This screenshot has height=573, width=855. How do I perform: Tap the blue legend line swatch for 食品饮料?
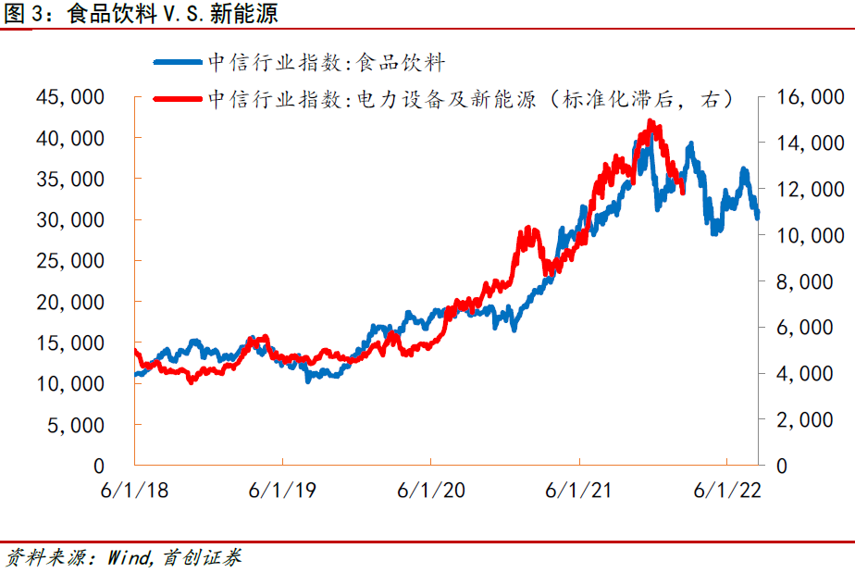[x=177, y=62]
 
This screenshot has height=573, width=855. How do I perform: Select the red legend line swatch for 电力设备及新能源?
[x=177, y=97]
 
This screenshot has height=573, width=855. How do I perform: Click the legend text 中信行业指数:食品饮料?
[x=327, y=62]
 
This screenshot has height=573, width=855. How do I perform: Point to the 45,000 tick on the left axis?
[x=70, y=97]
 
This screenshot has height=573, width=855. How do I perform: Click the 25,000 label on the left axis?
[x=70, y=261]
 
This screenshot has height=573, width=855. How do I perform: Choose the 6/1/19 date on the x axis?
[x=283, y=490]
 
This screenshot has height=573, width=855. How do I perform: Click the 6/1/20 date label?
[x=432, y=490]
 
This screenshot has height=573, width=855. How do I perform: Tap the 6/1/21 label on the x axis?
[x=579, y=490]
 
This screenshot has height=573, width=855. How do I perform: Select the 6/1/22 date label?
[x=727, y=490]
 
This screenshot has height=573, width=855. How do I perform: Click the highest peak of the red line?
[x=651, y=121]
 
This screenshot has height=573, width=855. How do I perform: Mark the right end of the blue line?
[x=758, y=217]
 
